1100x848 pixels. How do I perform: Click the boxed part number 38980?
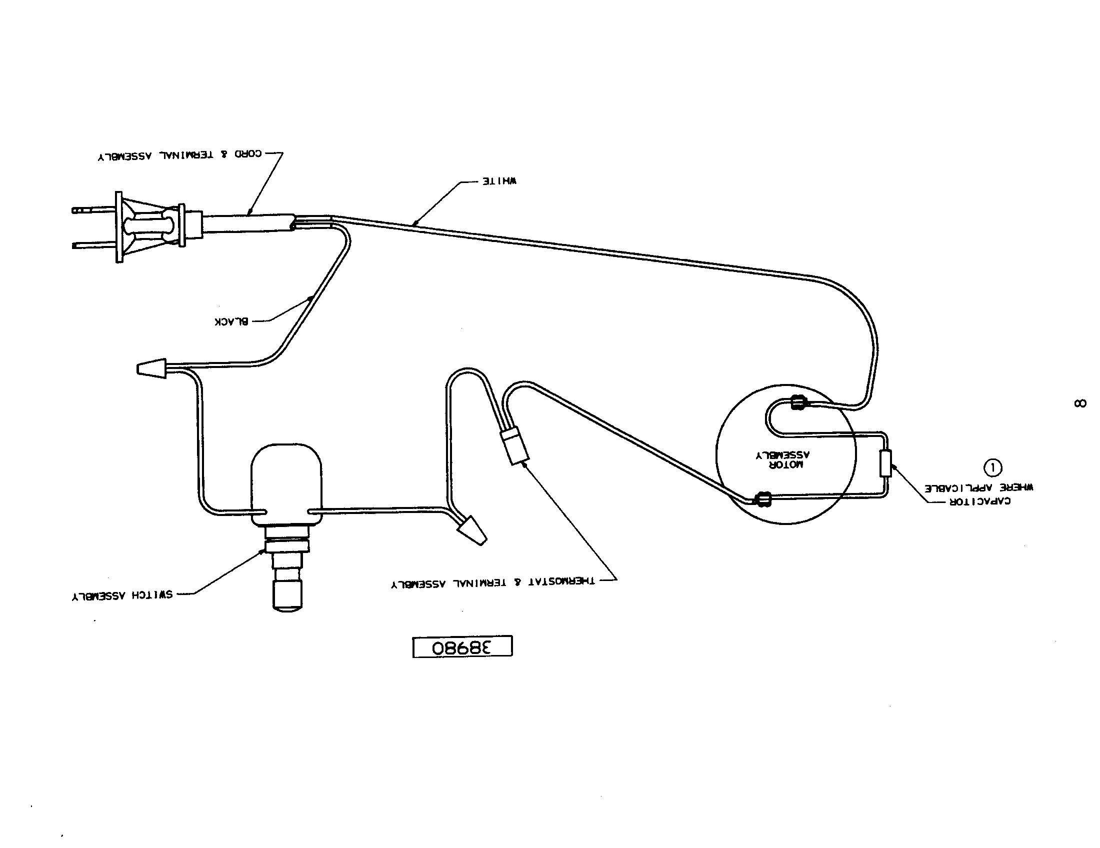coord(462,647)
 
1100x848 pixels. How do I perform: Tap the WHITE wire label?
coord(499,181)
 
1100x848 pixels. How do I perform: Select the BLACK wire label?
coord(231,322)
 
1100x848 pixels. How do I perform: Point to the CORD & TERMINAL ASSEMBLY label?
coord(180,155)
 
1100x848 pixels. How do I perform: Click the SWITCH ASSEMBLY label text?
coord(122,595)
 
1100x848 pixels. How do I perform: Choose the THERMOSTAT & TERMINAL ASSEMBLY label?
coord(492,582)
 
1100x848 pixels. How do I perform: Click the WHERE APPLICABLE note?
coord(978,487)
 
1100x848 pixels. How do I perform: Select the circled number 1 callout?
coord(993,468)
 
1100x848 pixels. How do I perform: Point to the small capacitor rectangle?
coord(885,463)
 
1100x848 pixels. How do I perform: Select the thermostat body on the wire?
coord(516,446)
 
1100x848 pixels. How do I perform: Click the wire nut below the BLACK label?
coord(151,368)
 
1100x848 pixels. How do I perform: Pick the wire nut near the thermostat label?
coord(472,530)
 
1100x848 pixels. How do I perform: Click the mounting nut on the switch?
coord(286,546)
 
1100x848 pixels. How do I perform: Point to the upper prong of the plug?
coord(94,210)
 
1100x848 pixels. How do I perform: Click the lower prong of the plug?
coord(94,245)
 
